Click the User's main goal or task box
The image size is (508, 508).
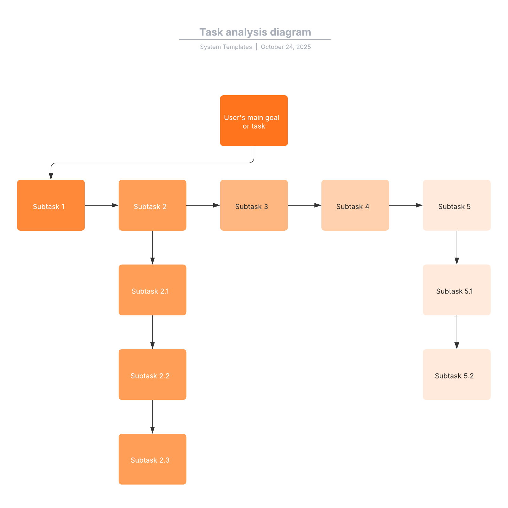(x=254, y=121)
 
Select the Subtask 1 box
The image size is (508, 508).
(x=51, y=205)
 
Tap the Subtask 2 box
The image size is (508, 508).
(x=152, y=205)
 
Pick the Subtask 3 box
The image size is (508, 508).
(x=254, y=205)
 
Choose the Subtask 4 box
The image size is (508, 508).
(x=355, y=205)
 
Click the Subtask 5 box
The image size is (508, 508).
(x=457, y=205)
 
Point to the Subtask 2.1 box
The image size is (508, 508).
(x=152, y=290)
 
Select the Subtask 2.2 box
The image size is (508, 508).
(x=152, y=374)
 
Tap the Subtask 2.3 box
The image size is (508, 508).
(x=152, y=459)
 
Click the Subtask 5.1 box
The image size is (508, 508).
(x=457, y=290)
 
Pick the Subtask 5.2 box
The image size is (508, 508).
(x=457, y=374)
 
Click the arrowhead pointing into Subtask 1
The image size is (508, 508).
(x=51, y=176)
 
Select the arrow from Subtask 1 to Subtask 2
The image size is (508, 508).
(x=102, y=205)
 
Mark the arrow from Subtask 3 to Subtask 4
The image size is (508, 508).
(x=305, y=205)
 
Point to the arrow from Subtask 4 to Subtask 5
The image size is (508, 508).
(x=406, y=205)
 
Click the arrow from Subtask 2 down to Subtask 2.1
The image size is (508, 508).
(x=152, y=247)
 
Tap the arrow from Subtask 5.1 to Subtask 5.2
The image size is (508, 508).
(x=457, y=332)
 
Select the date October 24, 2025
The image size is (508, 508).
(x=286, y=47)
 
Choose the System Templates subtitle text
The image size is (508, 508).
(x=226, y=47)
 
